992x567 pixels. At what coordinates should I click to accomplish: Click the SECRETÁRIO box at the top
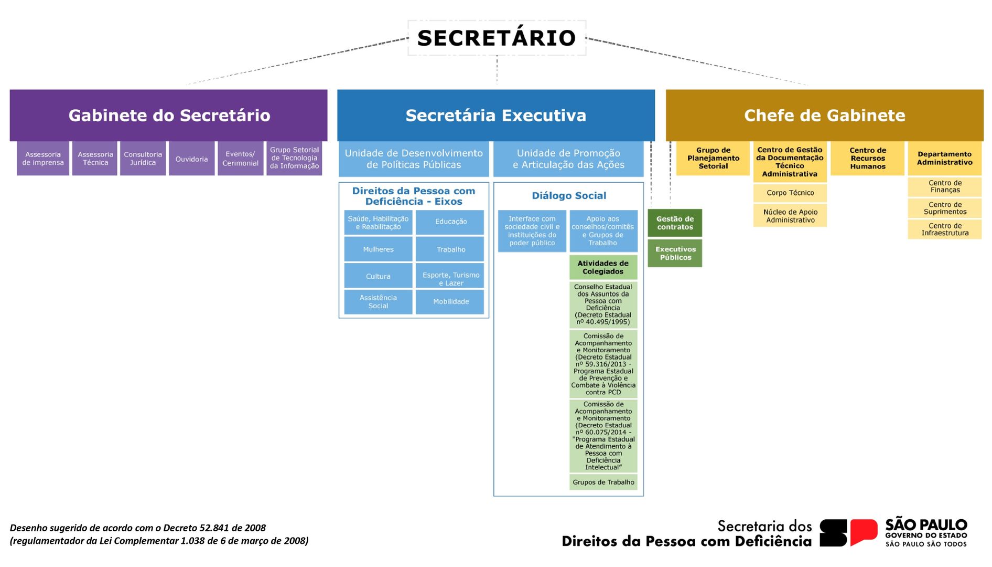[497, 38]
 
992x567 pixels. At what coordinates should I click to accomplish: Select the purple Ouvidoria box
[191, 159]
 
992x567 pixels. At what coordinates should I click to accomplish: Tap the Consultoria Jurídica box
[143, 159]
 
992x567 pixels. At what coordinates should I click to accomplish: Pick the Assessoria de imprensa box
[43, 159]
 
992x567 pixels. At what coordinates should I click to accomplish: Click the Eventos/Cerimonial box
[240, 159]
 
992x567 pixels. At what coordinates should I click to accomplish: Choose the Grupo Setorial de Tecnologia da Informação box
[294, 158]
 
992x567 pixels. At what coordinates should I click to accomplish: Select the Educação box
[450, 222]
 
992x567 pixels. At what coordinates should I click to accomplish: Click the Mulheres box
[378, 249]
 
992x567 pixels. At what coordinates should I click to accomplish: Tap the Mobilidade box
[450, 302]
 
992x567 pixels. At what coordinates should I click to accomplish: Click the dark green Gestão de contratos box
[675, 223]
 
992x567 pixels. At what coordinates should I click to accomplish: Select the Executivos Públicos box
[675, 254]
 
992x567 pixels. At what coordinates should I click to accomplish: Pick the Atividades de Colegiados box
[603, 268]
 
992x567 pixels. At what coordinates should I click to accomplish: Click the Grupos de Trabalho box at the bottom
[603, 482]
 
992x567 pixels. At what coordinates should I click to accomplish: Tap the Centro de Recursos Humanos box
[868, 158]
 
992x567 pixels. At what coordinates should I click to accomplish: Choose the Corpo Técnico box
[790, 193]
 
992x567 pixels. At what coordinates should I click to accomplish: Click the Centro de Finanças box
[945, 187]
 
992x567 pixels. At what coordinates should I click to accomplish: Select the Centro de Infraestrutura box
[945, 230]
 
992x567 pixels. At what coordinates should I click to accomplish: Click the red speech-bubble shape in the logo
[863, 532]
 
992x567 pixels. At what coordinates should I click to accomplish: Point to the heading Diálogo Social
[569, 196]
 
